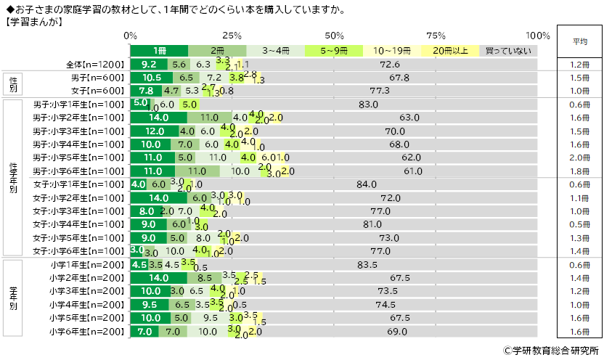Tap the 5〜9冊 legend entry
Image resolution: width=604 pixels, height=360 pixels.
point(334,51)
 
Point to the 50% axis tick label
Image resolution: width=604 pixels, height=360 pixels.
point(335,36)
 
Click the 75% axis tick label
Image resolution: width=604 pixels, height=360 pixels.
point(436,36)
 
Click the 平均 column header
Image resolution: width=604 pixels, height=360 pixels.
point(579,42)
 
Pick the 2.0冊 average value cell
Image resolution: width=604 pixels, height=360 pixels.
point(579,157)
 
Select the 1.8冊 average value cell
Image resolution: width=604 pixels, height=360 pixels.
point(579,171)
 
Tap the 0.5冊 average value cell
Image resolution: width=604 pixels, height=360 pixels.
point(579,224)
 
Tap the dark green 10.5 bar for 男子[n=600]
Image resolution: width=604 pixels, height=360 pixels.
point(152,78)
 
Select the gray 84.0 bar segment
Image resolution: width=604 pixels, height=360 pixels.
point(367,184)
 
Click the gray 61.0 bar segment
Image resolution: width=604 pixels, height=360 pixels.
point(414,171)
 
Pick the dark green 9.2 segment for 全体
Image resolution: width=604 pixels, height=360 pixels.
point(149,65)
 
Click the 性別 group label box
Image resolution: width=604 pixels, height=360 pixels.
point(14,84)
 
